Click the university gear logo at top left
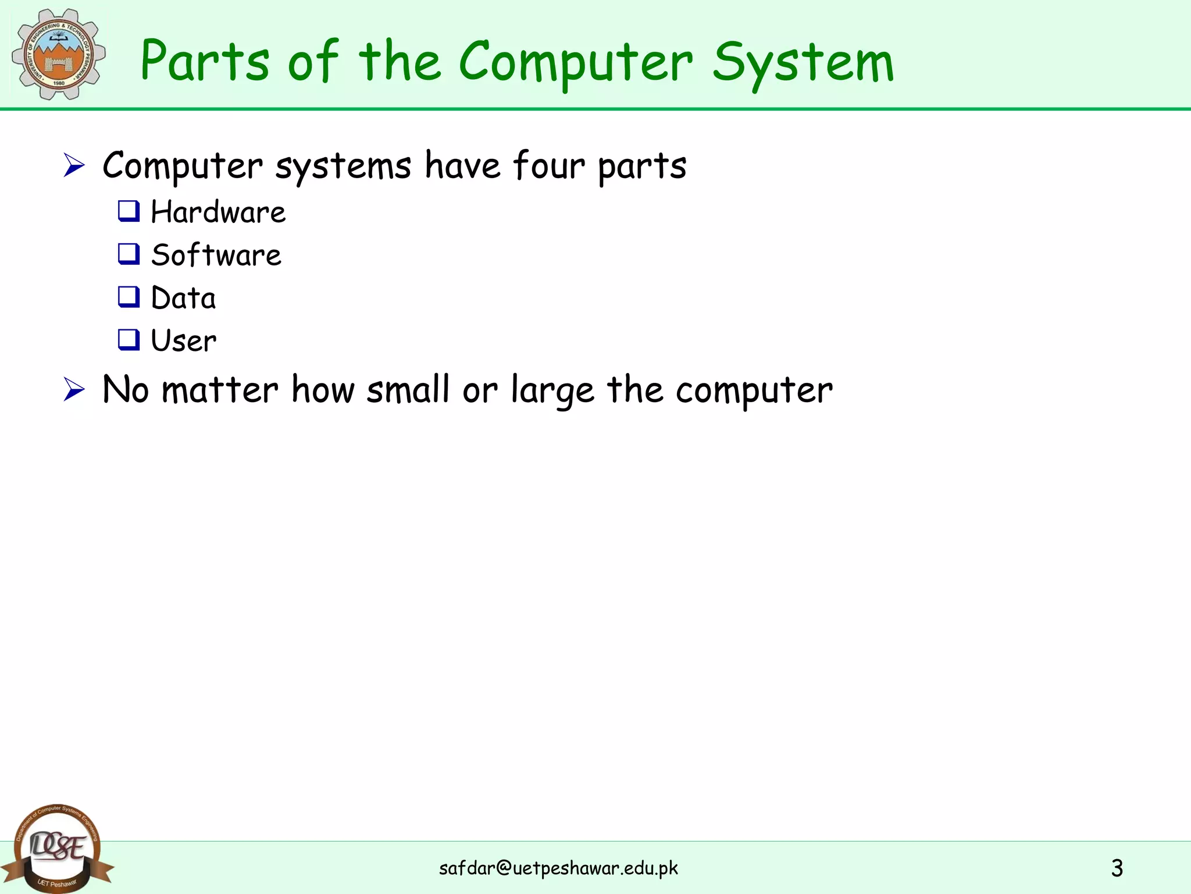coord(59,54)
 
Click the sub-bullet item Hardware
coord(218,212)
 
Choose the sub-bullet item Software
coord(216,255)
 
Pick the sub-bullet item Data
coord(183,298)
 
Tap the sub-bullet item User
coord(184,340)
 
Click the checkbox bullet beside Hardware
coord(129,211)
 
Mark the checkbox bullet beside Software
coord(129,254)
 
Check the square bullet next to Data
coord(129,297)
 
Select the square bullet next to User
coord(129,339)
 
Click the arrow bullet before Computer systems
coord(74,165)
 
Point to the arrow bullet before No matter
coord(74,389)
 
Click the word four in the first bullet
coord(548,165)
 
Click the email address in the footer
coord(558,868)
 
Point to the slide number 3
coord(1117,868)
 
